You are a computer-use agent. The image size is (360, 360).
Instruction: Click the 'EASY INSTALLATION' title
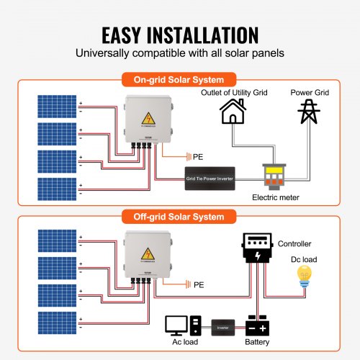coord(180,35)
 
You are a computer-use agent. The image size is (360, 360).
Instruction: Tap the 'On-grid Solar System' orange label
coord(180,80)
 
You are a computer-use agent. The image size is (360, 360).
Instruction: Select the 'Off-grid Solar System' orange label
coord(180,216)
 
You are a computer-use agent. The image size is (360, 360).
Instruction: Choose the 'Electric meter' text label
coord(276,196)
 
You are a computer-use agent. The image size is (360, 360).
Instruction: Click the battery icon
coord(260,326)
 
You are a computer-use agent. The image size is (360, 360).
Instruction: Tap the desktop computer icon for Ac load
coord(177,325)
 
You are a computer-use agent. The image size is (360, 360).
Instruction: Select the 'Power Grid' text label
coord(310,92)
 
